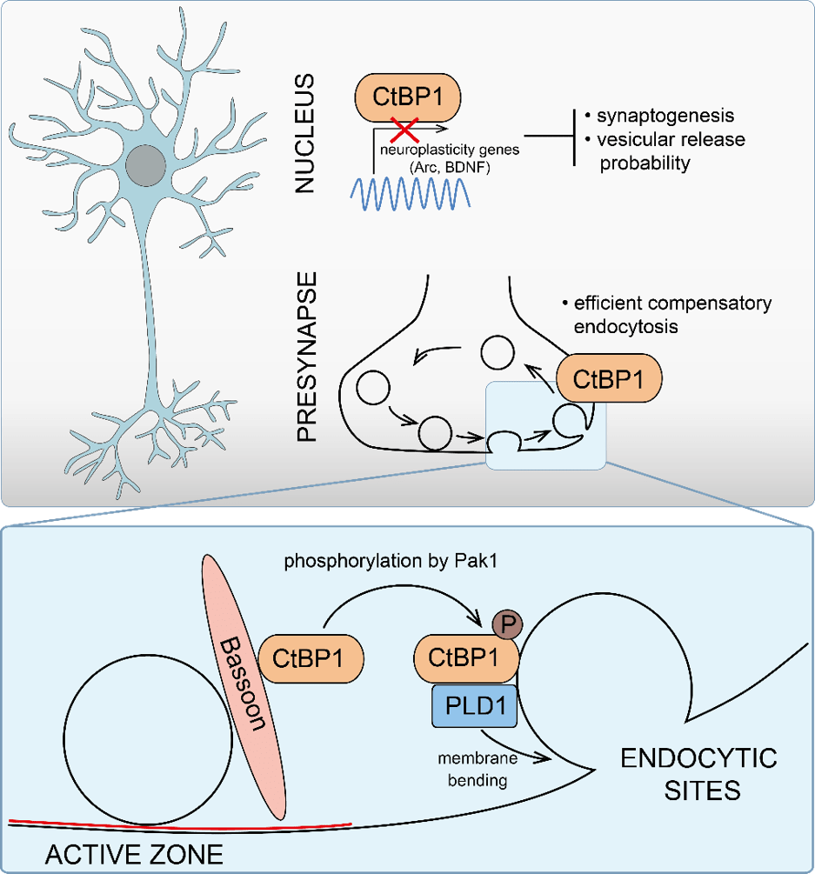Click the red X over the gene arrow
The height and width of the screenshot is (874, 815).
click(404, 130)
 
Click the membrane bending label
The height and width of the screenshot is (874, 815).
click(478, 770)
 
